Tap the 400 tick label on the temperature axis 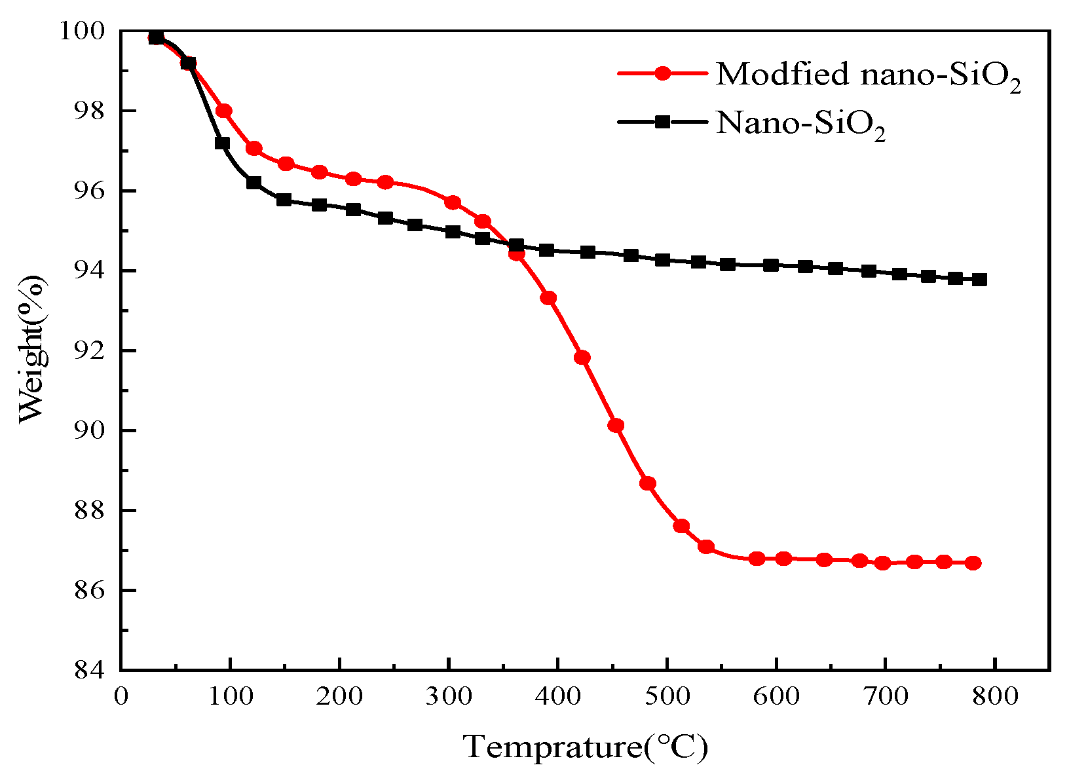pyautogui.click(x=557, y=695)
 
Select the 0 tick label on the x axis pyautogui.click(x=121, y=695)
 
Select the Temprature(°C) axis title pyautogui.click(x=586, y=747)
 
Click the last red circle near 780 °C pyautogui.click(x=973, y=563)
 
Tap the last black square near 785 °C pyautogui.click(x=979, y=280)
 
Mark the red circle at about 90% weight pyautogui.click(x=616, y=425)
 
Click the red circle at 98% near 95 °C pyautogui.click(x=224, y=111)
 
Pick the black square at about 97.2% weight pyautogui.click(x=222, y=143)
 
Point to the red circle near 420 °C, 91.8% pyautogui.click(x=582, y=357)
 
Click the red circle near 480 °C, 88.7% pyautogui.click(x=648, y=483)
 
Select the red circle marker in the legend pyautogui.click(x=662, y=73)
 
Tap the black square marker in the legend pyautogui.click(x=662, y=122)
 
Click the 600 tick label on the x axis pyautogui.click(x=776, y=695)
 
